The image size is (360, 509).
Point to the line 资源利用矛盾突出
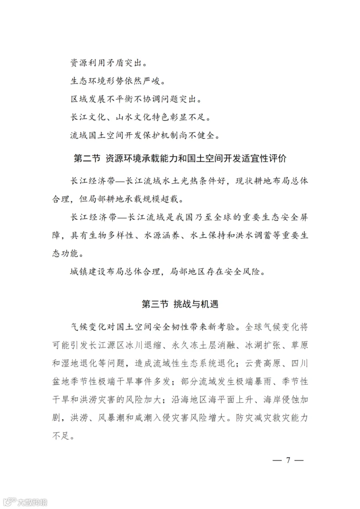pyautogui.click(x=108, y=63)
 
